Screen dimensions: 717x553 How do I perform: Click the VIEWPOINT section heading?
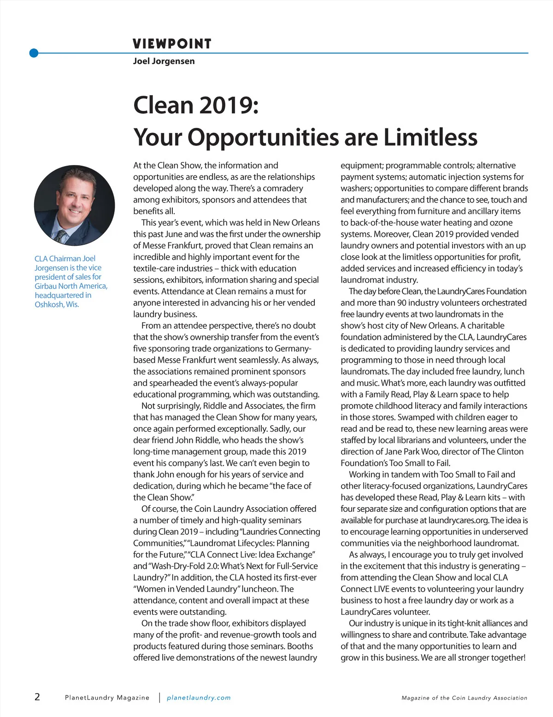tap(172, 44)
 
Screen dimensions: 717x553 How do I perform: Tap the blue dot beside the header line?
tap(34, 53)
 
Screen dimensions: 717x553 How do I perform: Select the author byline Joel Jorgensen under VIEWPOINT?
tap(164, 61)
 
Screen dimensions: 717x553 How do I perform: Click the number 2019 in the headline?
tap(226, 105)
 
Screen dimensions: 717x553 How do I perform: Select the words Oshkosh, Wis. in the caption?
tap(57, 304)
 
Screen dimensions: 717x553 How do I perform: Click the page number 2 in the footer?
tap(37, 697)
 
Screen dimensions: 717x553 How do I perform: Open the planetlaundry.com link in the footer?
tap(199, 698)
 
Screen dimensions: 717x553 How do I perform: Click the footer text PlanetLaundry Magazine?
tap(107, 698)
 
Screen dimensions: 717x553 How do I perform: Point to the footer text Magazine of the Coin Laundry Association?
tap(464, 698)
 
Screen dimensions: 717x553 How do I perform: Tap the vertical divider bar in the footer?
tap(159, 698)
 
